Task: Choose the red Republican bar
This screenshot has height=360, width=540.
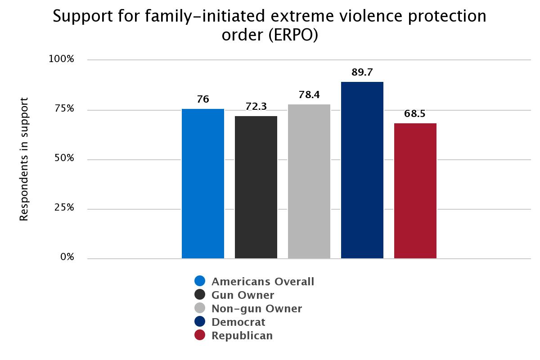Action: tap(415, 191)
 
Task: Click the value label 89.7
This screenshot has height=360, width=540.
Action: tap(362, 72)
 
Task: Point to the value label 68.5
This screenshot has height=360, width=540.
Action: tap(414, 114)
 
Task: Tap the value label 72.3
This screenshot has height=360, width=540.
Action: tap(256, 107)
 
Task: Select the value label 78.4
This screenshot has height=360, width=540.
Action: tap(309, 95)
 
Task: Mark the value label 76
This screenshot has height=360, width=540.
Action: tap(203, 99)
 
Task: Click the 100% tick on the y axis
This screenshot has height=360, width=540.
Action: tap(61, 59)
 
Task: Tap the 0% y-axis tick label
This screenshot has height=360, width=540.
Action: tap(67, 257)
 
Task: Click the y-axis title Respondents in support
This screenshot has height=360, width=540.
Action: tap(24, 159)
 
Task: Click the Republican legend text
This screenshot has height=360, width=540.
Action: tap(242, 336)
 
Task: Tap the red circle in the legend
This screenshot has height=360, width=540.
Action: tap(200, 335)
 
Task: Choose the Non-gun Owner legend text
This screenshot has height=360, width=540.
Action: tap(256, 309)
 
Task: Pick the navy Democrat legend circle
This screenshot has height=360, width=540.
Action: tap(200, 322)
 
